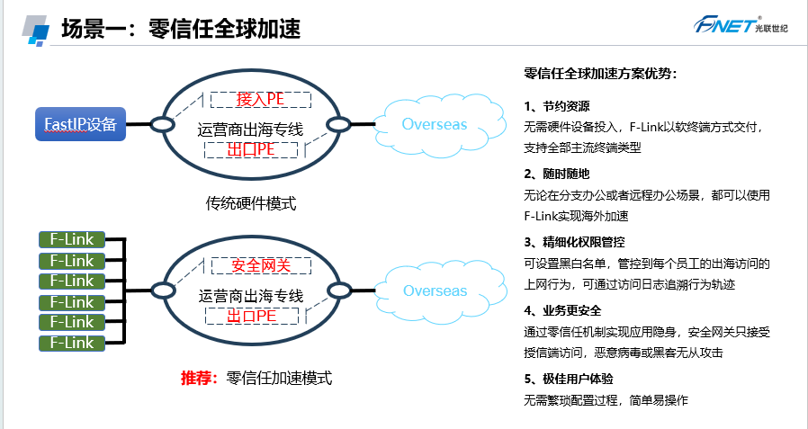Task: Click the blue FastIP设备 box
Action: click(x=80, y=124)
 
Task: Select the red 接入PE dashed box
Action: click(x=261, y=100)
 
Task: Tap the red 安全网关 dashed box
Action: click(x=261, y=265)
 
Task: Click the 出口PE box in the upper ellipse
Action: click(x=251, y=149)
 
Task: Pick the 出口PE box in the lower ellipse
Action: click(x=251, y=316)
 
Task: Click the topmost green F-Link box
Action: click(x=72, y=239)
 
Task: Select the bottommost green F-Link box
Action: click(x=72, y=343)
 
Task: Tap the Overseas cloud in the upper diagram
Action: click(x=437, y=123)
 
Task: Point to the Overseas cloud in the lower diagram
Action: click(x=437, y=290)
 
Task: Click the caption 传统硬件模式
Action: click(x=251, y=204)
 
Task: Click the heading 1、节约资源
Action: click(x=557, y=106)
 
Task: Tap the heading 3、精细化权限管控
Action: click(x=575, y=242)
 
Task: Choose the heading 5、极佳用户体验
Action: click(x=569, y=379)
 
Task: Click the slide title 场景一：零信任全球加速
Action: click(x=181, y=28)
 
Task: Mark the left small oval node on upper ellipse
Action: click(x=162, y=124)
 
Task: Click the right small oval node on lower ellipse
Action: click(x=339, y=290)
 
